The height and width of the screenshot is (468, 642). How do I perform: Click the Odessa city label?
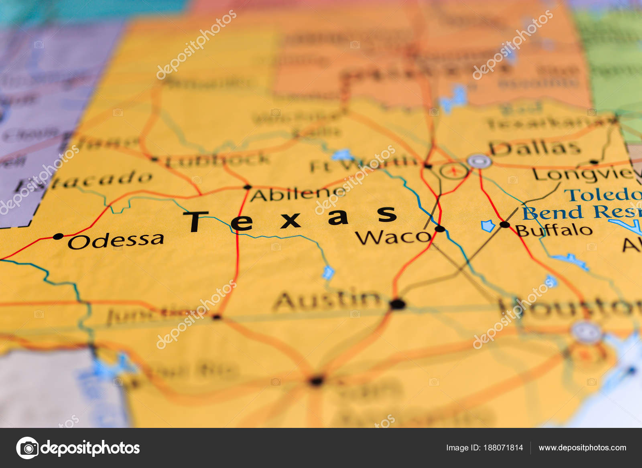click(x=116, y=241)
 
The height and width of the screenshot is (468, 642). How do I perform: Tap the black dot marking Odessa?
click(x=58, y=236)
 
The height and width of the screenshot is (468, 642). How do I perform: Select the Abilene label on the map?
click(x=297, y=194)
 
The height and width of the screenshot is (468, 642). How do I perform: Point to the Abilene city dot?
click(x=248, y=187)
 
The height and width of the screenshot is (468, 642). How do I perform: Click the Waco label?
click(x=393, y=237)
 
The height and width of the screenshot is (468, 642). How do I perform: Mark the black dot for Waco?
click(x=440, y=229)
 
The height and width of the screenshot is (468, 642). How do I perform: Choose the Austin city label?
click(x=327, y=301)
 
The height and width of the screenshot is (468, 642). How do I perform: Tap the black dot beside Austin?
click(x=398, y=304)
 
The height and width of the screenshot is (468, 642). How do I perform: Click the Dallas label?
click(x=535, y=148)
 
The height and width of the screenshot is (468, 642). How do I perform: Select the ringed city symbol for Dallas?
click(x=479, y=162)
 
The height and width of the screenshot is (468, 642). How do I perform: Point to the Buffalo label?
click(x=554, y=230)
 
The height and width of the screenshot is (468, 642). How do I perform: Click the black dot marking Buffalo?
click(x=505, y=225)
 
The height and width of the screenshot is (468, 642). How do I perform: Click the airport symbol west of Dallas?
click(x=454, y=171)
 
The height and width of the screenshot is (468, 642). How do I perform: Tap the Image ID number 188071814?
click(x=503, y=448)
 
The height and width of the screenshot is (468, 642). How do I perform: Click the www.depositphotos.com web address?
click(x=582, y=448)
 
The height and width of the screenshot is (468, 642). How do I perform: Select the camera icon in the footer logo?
click(x=27, y=448)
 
